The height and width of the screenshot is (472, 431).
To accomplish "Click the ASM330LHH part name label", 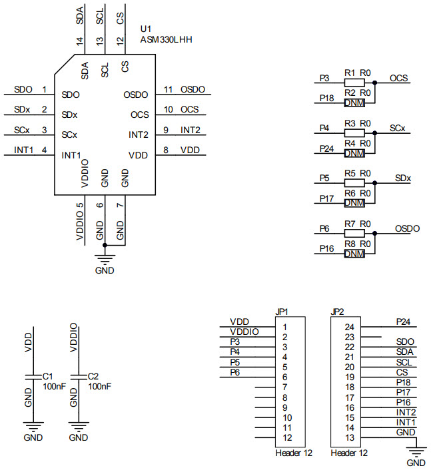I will (166, 40).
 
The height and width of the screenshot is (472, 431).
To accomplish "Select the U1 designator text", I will (146, 30).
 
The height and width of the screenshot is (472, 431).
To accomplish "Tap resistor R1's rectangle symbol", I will (354, 83).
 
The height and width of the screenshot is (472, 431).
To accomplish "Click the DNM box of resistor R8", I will (354, 254).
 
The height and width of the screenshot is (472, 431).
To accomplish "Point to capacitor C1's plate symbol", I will (29, 377).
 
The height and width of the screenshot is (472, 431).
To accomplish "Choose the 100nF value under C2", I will (99, 386).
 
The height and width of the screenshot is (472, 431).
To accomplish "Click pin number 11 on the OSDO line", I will (168, 89).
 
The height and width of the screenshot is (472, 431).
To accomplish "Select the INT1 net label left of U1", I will (23, 150).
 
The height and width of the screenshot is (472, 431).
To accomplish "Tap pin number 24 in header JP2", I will (349, 327).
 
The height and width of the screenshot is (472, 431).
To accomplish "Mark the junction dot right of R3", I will (375, 133).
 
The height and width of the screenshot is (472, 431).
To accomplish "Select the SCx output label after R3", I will (398, 128).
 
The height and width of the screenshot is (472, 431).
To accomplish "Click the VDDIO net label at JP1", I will (244, 332).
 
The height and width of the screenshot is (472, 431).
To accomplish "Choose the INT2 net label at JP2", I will (406, 412).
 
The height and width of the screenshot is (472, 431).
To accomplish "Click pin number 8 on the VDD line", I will (167, 150).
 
